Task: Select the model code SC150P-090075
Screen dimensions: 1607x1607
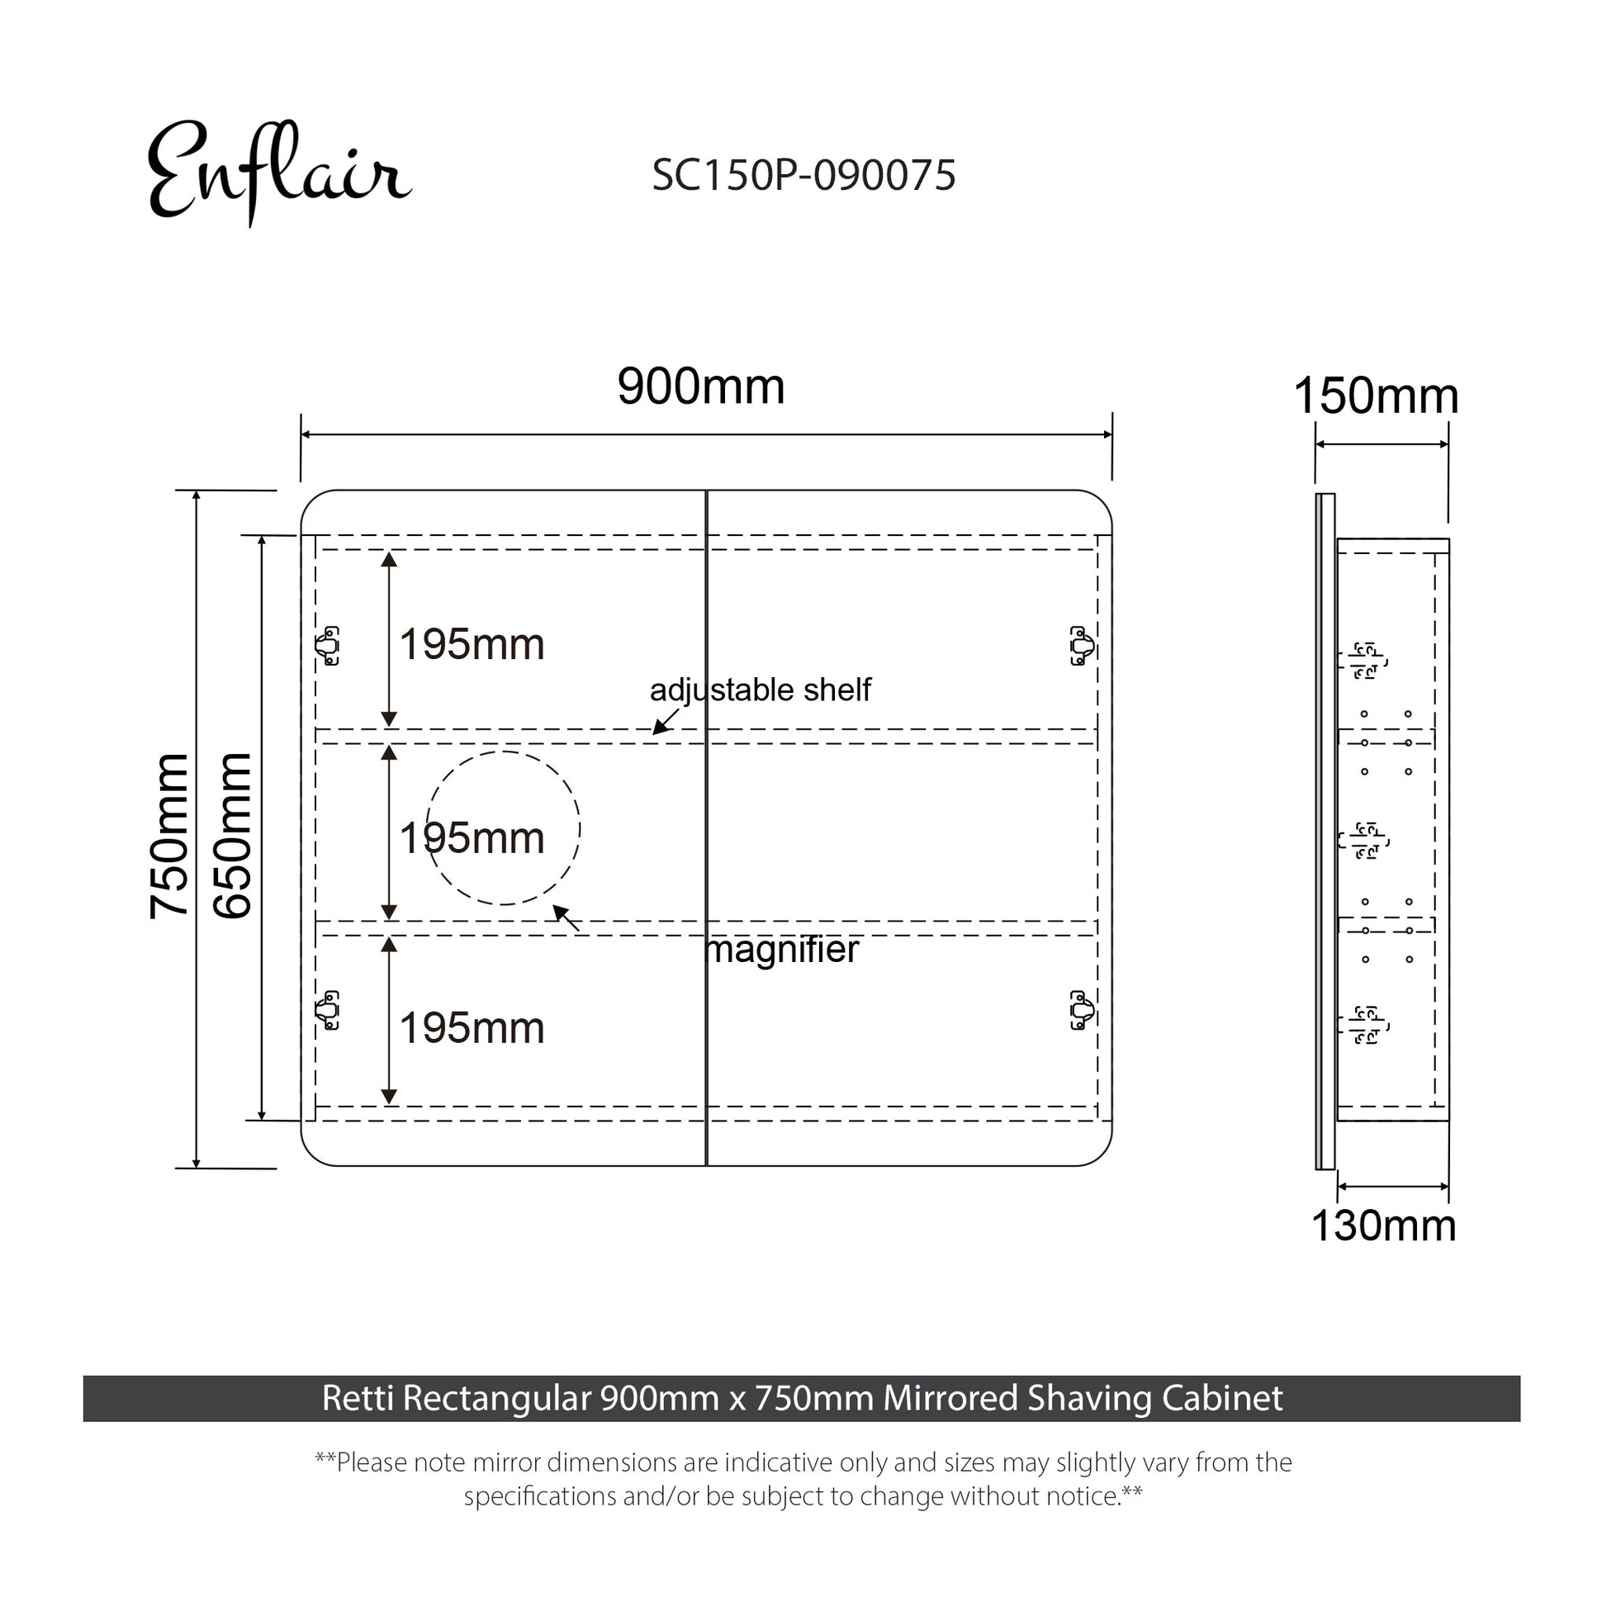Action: coord(803,176)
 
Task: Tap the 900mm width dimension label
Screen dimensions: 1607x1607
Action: coord(700,386)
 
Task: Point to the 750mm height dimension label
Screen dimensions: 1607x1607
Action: coord(169,836)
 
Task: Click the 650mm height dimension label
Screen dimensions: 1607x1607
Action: coord(232,836)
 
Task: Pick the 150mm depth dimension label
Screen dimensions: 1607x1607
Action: coord(1376,396)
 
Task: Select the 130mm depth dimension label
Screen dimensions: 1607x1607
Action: coord(1383,1225)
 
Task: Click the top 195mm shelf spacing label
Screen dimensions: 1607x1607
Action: coord(472,645)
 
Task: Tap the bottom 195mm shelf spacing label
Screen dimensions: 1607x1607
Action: coord(472,1028)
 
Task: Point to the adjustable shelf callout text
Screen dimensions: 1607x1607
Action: coord(761,690)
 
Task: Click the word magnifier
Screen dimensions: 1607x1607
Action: coord(782,949)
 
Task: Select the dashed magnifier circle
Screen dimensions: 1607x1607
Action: coord(503,828)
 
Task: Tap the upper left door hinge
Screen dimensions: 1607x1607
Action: coord(328,646)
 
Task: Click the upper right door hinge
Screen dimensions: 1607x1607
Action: coord(1081,646)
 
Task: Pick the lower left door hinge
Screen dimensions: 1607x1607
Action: coord(328,1010)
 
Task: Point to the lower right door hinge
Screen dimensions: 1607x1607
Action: coord(1081,1010)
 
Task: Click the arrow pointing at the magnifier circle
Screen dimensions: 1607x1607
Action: coord(566,918)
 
